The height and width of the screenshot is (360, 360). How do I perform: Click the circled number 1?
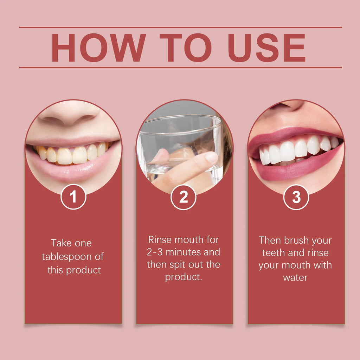[73, 197]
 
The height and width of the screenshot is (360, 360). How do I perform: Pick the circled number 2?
[184, 197]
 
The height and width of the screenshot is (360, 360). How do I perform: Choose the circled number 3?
[296, 197]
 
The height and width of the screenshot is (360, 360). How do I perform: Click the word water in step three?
[295, 277]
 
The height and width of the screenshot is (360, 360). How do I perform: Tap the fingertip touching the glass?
[211, 157]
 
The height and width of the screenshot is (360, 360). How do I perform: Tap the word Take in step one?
[61, 243]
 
